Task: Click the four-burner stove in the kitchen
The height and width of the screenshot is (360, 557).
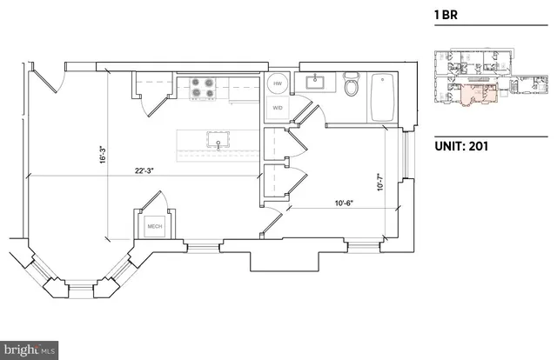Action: click(203, 88)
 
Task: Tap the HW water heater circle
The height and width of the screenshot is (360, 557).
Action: click(277, 84)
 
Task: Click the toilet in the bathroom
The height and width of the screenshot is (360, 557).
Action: click(352, 87)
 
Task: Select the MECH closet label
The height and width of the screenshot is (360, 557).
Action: click(155, 227)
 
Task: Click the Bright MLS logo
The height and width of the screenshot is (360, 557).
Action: click(30, 350)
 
